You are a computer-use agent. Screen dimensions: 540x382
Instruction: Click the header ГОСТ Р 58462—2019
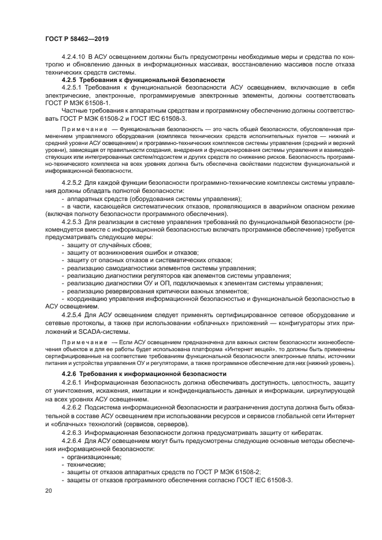click(x=76, y=39)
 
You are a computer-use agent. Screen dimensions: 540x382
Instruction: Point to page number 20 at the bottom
click(x=49, y=491)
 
